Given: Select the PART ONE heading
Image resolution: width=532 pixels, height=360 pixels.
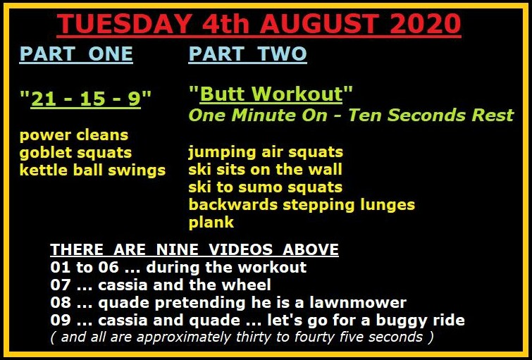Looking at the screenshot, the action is pos(76,54).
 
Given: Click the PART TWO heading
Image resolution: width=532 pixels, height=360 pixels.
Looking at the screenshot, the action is pos(247,54).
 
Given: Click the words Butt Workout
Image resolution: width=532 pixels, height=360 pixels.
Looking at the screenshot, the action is pos(271,94).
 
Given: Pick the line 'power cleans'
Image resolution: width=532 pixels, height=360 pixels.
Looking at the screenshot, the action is pos(74,135).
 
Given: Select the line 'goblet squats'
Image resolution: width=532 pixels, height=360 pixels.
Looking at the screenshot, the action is pos(75,153).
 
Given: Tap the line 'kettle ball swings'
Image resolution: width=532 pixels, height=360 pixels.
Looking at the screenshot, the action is pos(92,170).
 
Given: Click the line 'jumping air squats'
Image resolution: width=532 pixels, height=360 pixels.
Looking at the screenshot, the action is pos(266,152).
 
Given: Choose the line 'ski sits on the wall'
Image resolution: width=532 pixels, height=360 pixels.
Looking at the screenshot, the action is pos(266,169).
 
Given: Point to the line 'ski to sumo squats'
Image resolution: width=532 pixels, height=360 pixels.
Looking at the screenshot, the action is pos(266,187).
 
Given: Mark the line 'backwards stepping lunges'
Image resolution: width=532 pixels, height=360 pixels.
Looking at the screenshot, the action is pos(302,205).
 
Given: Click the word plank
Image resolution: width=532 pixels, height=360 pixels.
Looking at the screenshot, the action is pos(211,223).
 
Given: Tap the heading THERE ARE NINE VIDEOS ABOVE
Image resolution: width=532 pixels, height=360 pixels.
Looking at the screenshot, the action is pos(194,249).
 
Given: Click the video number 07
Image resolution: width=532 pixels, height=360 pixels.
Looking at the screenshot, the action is pos(60,285).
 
